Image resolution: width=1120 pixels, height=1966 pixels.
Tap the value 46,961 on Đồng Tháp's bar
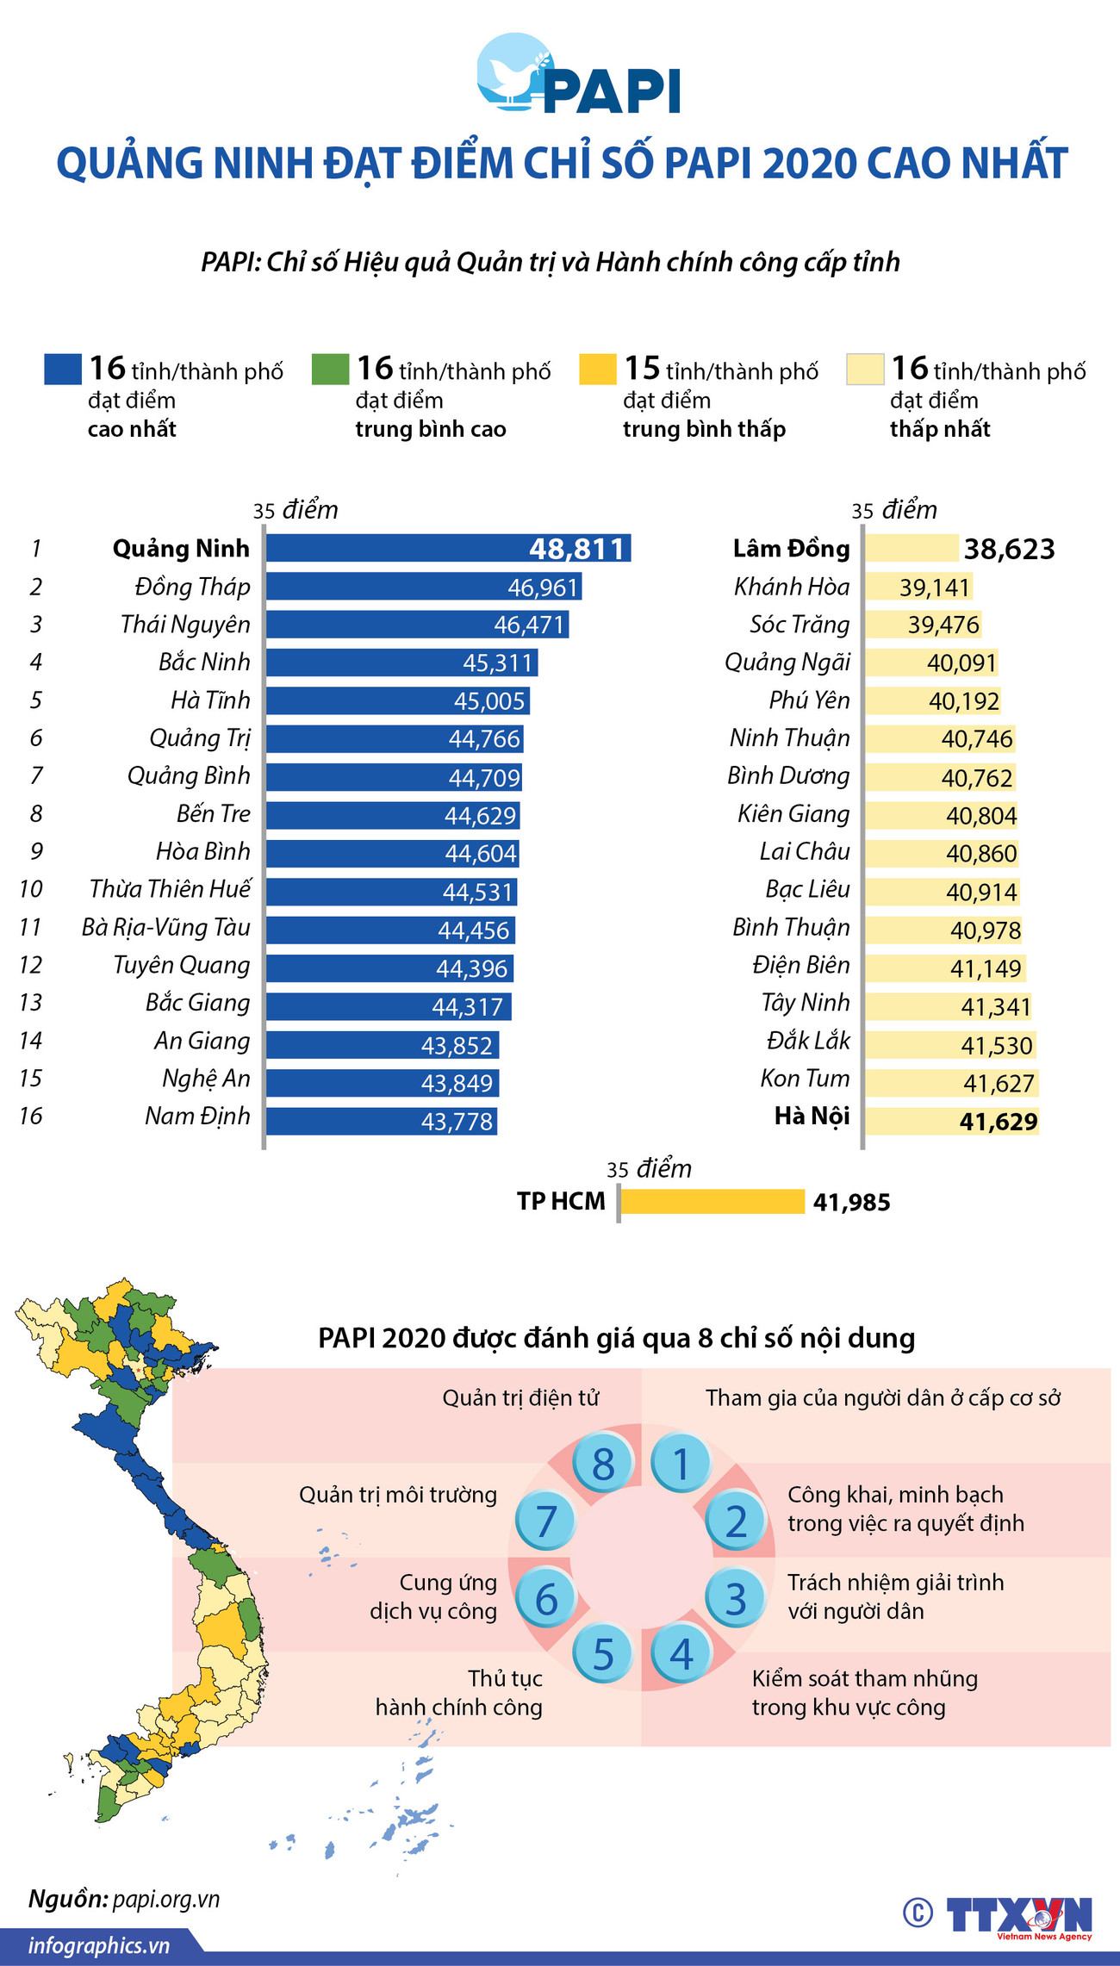tap(542, 588)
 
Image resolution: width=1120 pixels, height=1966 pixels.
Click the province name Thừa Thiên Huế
tap(170, 889)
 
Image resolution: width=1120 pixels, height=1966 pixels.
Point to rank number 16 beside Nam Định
tap(30, 1117)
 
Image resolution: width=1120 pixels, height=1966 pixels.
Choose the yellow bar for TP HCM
tap(712, 1202)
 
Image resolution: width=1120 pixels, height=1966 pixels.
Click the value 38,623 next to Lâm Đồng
tap(1009, 549)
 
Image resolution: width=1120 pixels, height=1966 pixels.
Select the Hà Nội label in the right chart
tap(812, 1117)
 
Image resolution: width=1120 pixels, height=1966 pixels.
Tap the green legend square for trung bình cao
tap(330, 370)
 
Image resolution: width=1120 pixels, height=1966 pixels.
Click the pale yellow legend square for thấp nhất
tap(865, 370)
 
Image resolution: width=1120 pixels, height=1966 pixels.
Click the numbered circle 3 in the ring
tap(735, 1599)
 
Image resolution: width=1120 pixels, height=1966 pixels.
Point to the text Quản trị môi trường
tap(397, 1495)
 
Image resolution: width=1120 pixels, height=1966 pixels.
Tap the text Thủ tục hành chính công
tap(459, 1693)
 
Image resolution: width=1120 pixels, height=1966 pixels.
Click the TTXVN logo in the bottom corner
tap(1018, 1916)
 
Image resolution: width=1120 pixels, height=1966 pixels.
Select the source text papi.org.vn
tap(166, 1900)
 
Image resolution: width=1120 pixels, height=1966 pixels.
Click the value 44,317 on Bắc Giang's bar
tap(467, 1007)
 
